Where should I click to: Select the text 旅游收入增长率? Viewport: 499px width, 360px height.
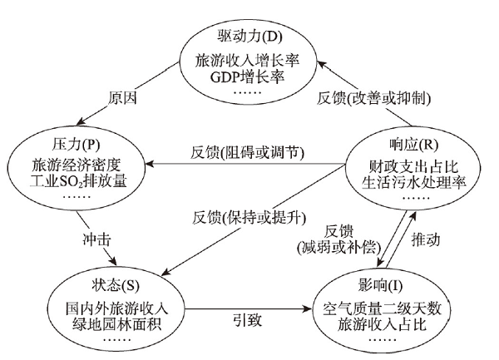tap(247, 60)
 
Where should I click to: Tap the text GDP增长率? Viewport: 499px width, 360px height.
tap(247, 77)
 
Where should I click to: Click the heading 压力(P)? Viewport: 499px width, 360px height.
tap(76, 145)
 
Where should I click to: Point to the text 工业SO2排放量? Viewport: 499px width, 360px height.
tap(78, 181)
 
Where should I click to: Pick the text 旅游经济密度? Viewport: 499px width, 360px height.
tap(77, 165)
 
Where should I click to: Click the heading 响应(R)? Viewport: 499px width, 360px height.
tap(413, 145)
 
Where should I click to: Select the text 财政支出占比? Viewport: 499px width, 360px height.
tap(413, 166)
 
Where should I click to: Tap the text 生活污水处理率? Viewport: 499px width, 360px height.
tap(413, 183)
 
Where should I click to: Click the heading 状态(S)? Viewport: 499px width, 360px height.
tap(116, 285)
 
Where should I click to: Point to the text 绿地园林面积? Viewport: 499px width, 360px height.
tap(116, 323)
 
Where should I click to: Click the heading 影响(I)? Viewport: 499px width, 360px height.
tap(380, 285)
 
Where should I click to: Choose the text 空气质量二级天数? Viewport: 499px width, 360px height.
tap(382, 308)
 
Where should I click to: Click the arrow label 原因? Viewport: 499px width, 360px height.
tap(122, 98)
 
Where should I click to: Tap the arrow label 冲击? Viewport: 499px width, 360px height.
tap(96, 239)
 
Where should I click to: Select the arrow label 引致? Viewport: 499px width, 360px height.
tap(248, 320)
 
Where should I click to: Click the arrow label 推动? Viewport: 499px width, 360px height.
tap(426, 239)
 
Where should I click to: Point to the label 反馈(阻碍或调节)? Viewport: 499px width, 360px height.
tap(247, 153)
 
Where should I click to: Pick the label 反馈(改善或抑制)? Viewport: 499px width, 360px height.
tap(373, 98)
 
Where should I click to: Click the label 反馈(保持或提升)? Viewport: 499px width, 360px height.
tap(249, 218)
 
